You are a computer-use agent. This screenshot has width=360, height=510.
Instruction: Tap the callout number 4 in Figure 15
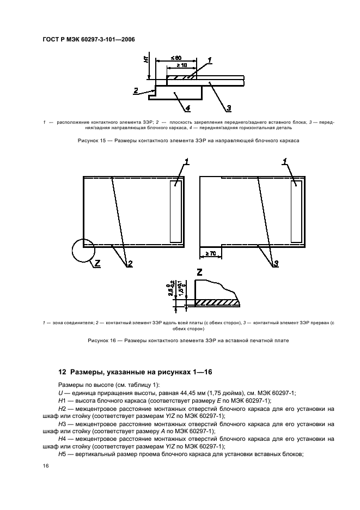187,107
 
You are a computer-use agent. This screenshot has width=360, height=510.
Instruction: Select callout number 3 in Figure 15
229,107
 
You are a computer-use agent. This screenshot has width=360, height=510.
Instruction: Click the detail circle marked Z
83,253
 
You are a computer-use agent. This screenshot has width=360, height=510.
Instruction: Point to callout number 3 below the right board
276,264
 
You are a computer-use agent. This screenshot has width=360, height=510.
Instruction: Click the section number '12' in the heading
62,372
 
